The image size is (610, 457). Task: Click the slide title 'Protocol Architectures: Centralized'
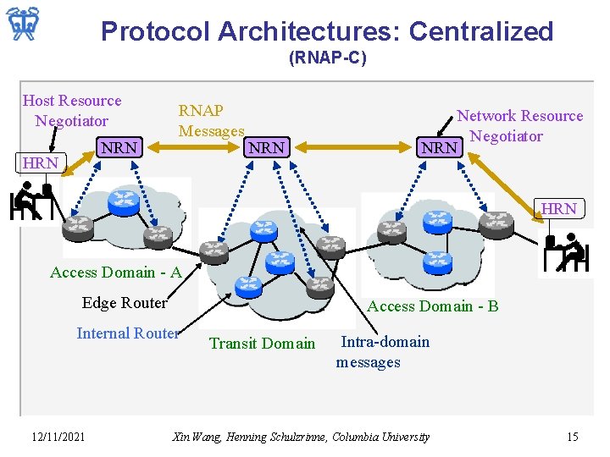pyautogui.click(x=326, y=31)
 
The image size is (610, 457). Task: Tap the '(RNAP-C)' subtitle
pyautogui.click(x=327, y=58)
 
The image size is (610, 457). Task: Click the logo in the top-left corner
pyautogui.click(x=23, y=25)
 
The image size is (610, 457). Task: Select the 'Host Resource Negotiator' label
pyautogui.click(x=72, y=111)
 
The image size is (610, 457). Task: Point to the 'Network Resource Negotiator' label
pyautogui.click(x=519, y=126)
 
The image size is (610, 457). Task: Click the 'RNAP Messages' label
pyautogui.click(x=210, y=121)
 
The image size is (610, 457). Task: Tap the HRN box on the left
pyautogui.click(x=41, y=162)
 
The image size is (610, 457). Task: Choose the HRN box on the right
pyautogui.click(x=558, y=208)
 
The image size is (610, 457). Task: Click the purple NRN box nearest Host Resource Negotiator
pyautogui.click(x=119, y=148)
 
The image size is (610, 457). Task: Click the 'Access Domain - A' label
pyautogui.click(x=116, y=273)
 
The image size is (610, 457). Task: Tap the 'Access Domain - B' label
pyautogui.click(x=433, y=306)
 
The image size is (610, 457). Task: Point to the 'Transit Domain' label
pyautogui.click(x=262, y=344)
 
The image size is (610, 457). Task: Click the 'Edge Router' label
pyautogui.click(x=125, y=303)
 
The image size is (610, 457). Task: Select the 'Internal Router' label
pyautogui.click(x=128, y=333)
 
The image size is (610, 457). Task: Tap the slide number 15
pyautogui.click(x=572, y=437)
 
